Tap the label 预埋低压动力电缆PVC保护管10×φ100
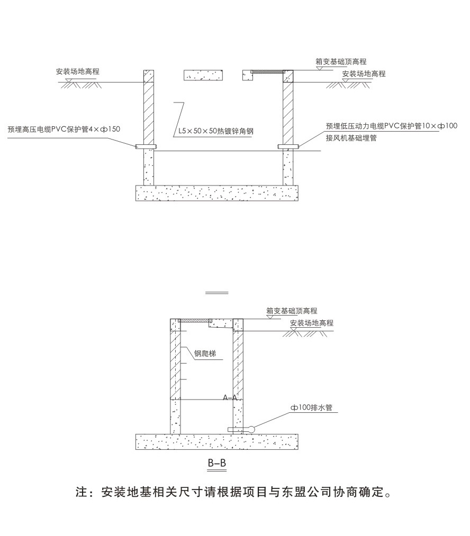pyautogui.click(x=391, y=126)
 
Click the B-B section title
pyautogui.click(x=217, y=464)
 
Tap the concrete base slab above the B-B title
pyautogui.click(x=217, y=441)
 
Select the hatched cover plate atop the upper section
pyautogui.click(x=268, y=71)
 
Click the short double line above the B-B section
pyautogui.click(x=217, y=293)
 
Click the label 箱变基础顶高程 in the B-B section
pyautogui.click(x=292, y=311)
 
